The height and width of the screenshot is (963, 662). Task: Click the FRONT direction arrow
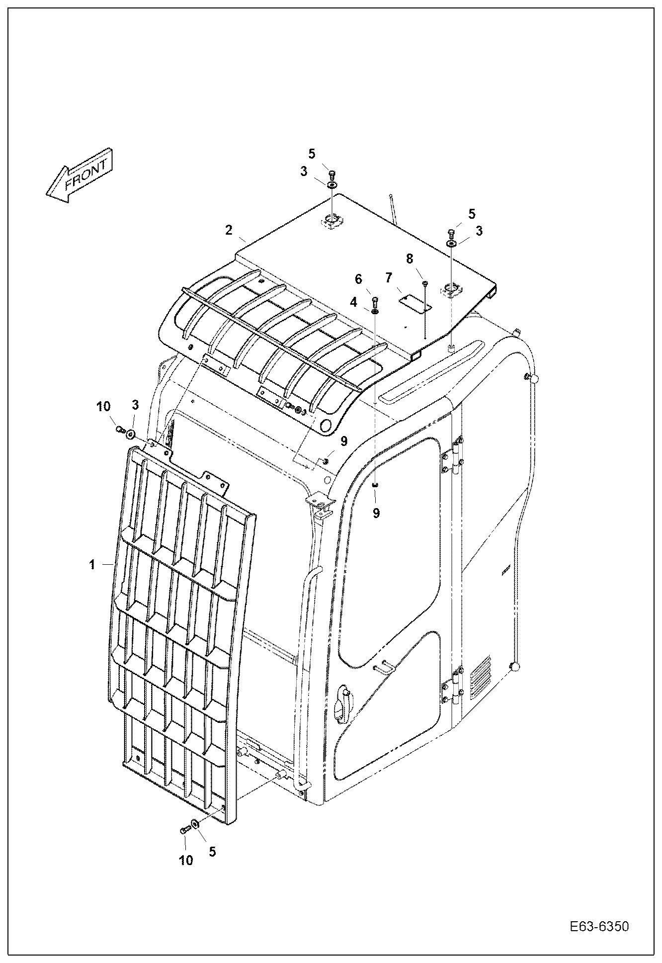pyautogui.click(x=80, y=175)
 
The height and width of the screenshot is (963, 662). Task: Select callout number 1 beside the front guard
pyautogui.click(x=92, y=565)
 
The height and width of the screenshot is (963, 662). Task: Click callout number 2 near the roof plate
pyautogui.click(x=229, y=230)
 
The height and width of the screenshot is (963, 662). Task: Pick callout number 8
pyautogui.click(x=410, y=259)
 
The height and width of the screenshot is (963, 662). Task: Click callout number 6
pyautogui.click(x=358, y=280)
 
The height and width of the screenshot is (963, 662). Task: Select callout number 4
pyautogui.click(x=353, y=302)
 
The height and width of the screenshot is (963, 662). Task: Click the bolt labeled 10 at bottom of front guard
pyautogui.click(x=184, y=830)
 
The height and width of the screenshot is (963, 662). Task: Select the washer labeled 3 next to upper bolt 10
pyautogui.click(x=131, y=434)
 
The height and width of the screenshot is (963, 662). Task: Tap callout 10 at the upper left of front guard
pyautogui.click(x=103, y=407)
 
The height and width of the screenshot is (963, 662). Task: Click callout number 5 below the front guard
pyautogui.click(x=212, y=851)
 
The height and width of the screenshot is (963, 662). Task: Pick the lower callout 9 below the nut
pyautogui.click(x=376, y=513)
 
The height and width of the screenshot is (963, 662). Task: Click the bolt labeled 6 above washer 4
pyautogui.click(x=375, y=300)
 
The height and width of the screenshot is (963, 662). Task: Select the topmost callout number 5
pyautogui.click(x=312, y=153)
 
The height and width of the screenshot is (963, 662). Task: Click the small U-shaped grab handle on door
pyautogui.click(x=384, y=668)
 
